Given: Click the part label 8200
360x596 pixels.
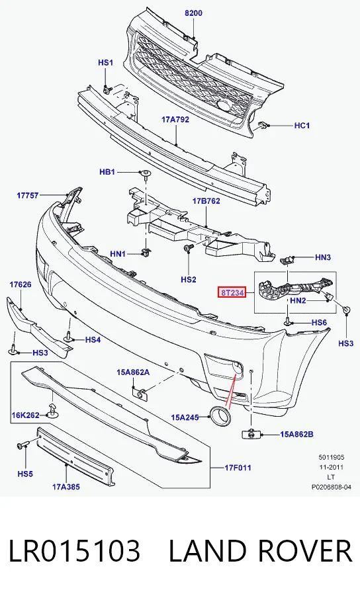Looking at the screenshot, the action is (x=193, y=13).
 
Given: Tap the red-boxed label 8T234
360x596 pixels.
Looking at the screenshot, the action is (x=232, y=292).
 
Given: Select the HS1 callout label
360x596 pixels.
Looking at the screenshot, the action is (x=106, y=62).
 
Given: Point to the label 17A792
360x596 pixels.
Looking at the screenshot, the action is (x=175, y=119).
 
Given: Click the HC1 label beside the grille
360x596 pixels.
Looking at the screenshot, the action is (x=302, y=125).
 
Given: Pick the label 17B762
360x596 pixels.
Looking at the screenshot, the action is (x=206, y=201).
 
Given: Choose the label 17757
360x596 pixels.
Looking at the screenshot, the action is (x=28, y=195).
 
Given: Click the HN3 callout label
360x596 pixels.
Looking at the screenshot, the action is (x=323, y=257).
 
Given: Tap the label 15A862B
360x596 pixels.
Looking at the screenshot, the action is (x=297, y=434).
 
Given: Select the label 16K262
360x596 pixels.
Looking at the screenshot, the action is (x=25, y=415).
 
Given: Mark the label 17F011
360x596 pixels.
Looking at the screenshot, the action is (x=238, y=468).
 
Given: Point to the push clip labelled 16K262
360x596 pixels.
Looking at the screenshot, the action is (x=52, y=411).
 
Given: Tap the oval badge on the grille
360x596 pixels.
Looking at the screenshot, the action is (x=224, y=106).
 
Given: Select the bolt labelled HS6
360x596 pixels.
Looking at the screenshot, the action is (x=288, y=322).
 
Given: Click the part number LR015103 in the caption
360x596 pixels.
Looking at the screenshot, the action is (x=74, y=551).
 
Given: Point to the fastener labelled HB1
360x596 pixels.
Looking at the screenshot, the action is (x=145, y=174).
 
